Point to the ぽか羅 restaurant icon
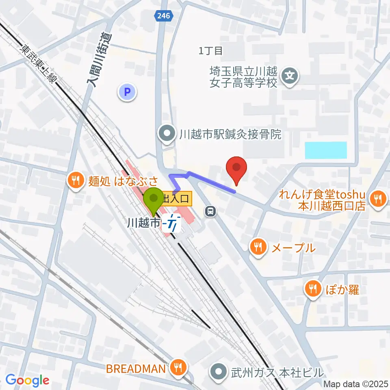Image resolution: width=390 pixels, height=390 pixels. pos(312,289)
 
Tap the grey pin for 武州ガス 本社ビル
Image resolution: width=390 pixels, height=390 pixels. pos(219,371)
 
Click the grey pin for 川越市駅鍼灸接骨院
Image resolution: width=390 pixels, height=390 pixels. pos(167,133)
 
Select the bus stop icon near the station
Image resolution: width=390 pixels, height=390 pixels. pos(210,211)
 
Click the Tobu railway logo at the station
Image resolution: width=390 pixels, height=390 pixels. pos(171,223)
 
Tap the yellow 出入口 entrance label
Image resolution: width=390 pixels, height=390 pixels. pos(175,199)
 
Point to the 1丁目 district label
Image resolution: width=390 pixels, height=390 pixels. pos(211,51)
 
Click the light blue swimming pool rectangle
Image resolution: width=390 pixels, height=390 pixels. pos(326,150)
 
